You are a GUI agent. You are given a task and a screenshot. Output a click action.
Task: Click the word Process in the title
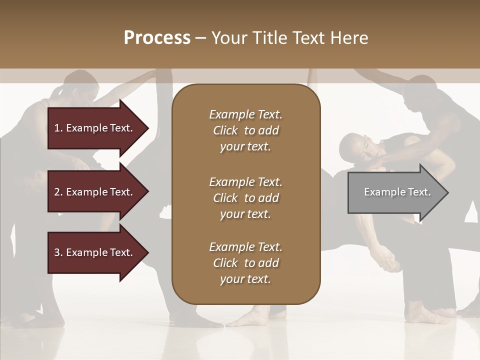click(x=157, y=38)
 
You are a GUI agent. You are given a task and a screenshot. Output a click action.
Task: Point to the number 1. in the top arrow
click(x=58, y=128)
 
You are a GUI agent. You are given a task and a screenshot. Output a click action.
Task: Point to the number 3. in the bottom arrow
click(x=58, y=252)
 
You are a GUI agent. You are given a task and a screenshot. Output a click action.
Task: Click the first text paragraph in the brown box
click(x=245, y=130)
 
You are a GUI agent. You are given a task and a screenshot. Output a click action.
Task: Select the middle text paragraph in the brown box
click(x=245, y=198)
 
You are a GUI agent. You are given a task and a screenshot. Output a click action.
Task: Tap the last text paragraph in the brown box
click(x=245, y=263)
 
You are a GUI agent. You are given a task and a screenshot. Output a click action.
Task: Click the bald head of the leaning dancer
click(x=353, y=145)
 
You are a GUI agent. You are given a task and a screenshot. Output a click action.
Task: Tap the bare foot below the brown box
click(x=250, y=318)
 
